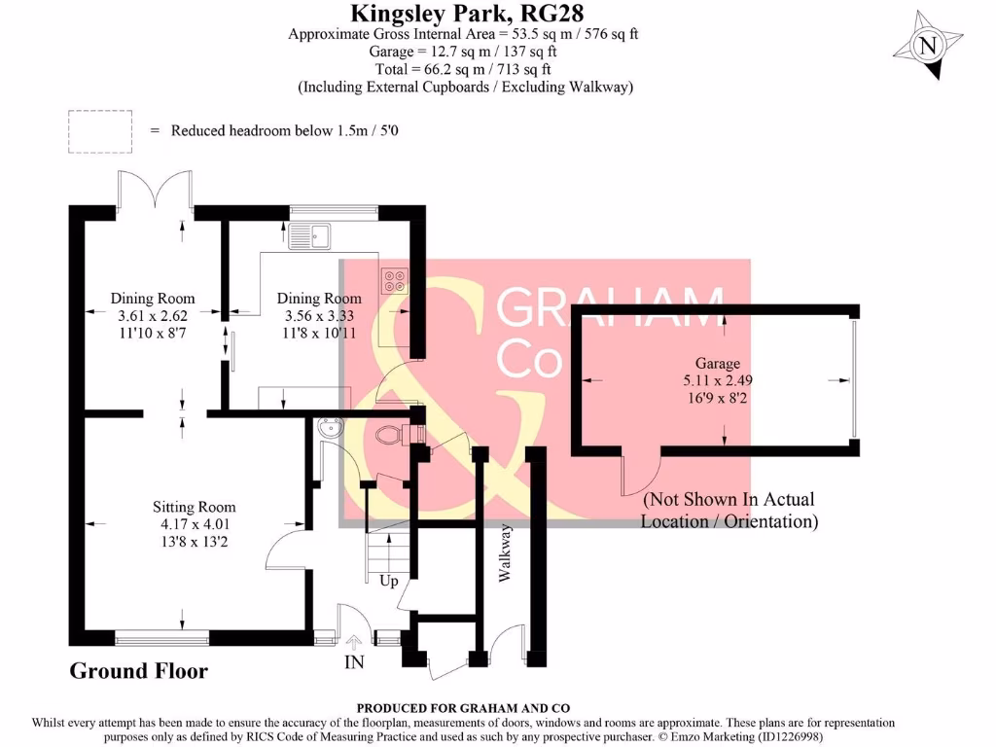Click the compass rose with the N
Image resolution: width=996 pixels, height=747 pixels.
[928, 45]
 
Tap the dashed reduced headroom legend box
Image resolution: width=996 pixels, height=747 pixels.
[99, 130]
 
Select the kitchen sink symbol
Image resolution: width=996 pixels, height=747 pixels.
[310, 234]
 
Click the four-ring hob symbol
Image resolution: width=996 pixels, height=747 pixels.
[396, 280]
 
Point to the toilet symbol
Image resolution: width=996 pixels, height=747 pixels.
[393, 435]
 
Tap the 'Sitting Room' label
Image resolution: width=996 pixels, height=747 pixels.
[194, 507]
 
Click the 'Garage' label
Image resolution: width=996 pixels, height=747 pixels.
[716, 364]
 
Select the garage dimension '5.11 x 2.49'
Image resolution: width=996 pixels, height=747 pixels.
[716, 380]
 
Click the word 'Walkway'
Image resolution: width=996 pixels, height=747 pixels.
[504, 552]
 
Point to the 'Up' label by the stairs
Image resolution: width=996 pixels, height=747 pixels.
[390, 581]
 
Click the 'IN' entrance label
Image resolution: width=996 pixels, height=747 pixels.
[354, 663]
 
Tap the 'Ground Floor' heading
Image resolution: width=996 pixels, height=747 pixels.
[138, 671]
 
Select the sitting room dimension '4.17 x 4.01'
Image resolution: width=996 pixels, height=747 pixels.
[194, 524]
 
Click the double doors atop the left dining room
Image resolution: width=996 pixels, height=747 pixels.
[154, 192]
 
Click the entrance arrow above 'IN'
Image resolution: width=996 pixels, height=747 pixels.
[353, 641]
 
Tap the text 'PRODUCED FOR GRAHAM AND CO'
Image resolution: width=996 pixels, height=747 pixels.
[463, 708]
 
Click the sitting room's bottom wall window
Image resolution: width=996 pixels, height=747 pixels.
[161, 638]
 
